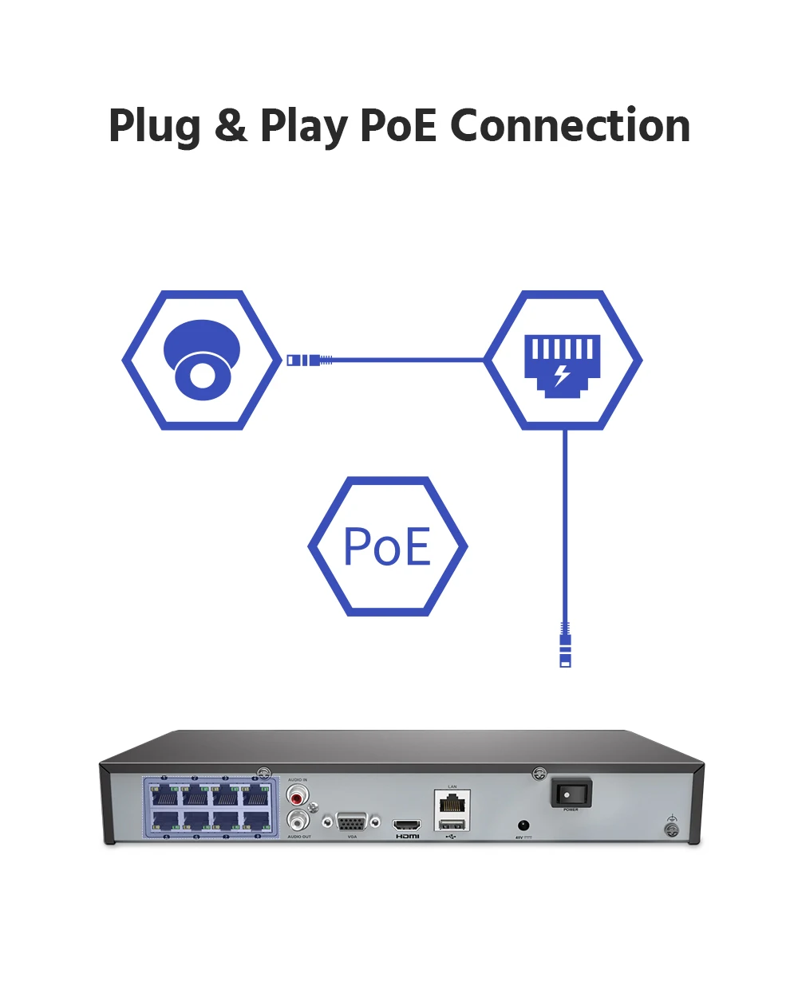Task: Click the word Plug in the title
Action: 155,127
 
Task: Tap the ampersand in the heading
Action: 231,125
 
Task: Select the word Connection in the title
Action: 570,125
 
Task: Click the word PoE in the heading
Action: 398,125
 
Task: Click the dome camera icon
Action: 202,360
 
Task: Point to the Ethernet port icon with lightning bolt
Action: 563,364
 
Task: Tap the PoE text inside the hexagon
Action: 387,547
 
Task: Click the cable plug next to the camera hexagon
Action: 306,361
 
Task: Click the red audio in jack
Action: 298,796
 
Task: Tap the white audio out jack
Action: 298,820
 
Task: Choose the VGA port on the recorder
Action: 351,822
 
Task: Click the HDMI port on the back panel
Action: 407,824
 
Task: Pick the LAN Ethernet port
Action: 452,802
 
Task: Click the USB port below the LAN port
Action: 452,824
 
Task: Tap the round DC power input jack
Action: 523,826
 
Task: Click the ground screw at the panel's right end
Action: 672,830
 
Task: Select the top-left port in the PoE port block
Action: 164,795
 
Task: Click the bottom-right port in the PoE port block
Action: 255,821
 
